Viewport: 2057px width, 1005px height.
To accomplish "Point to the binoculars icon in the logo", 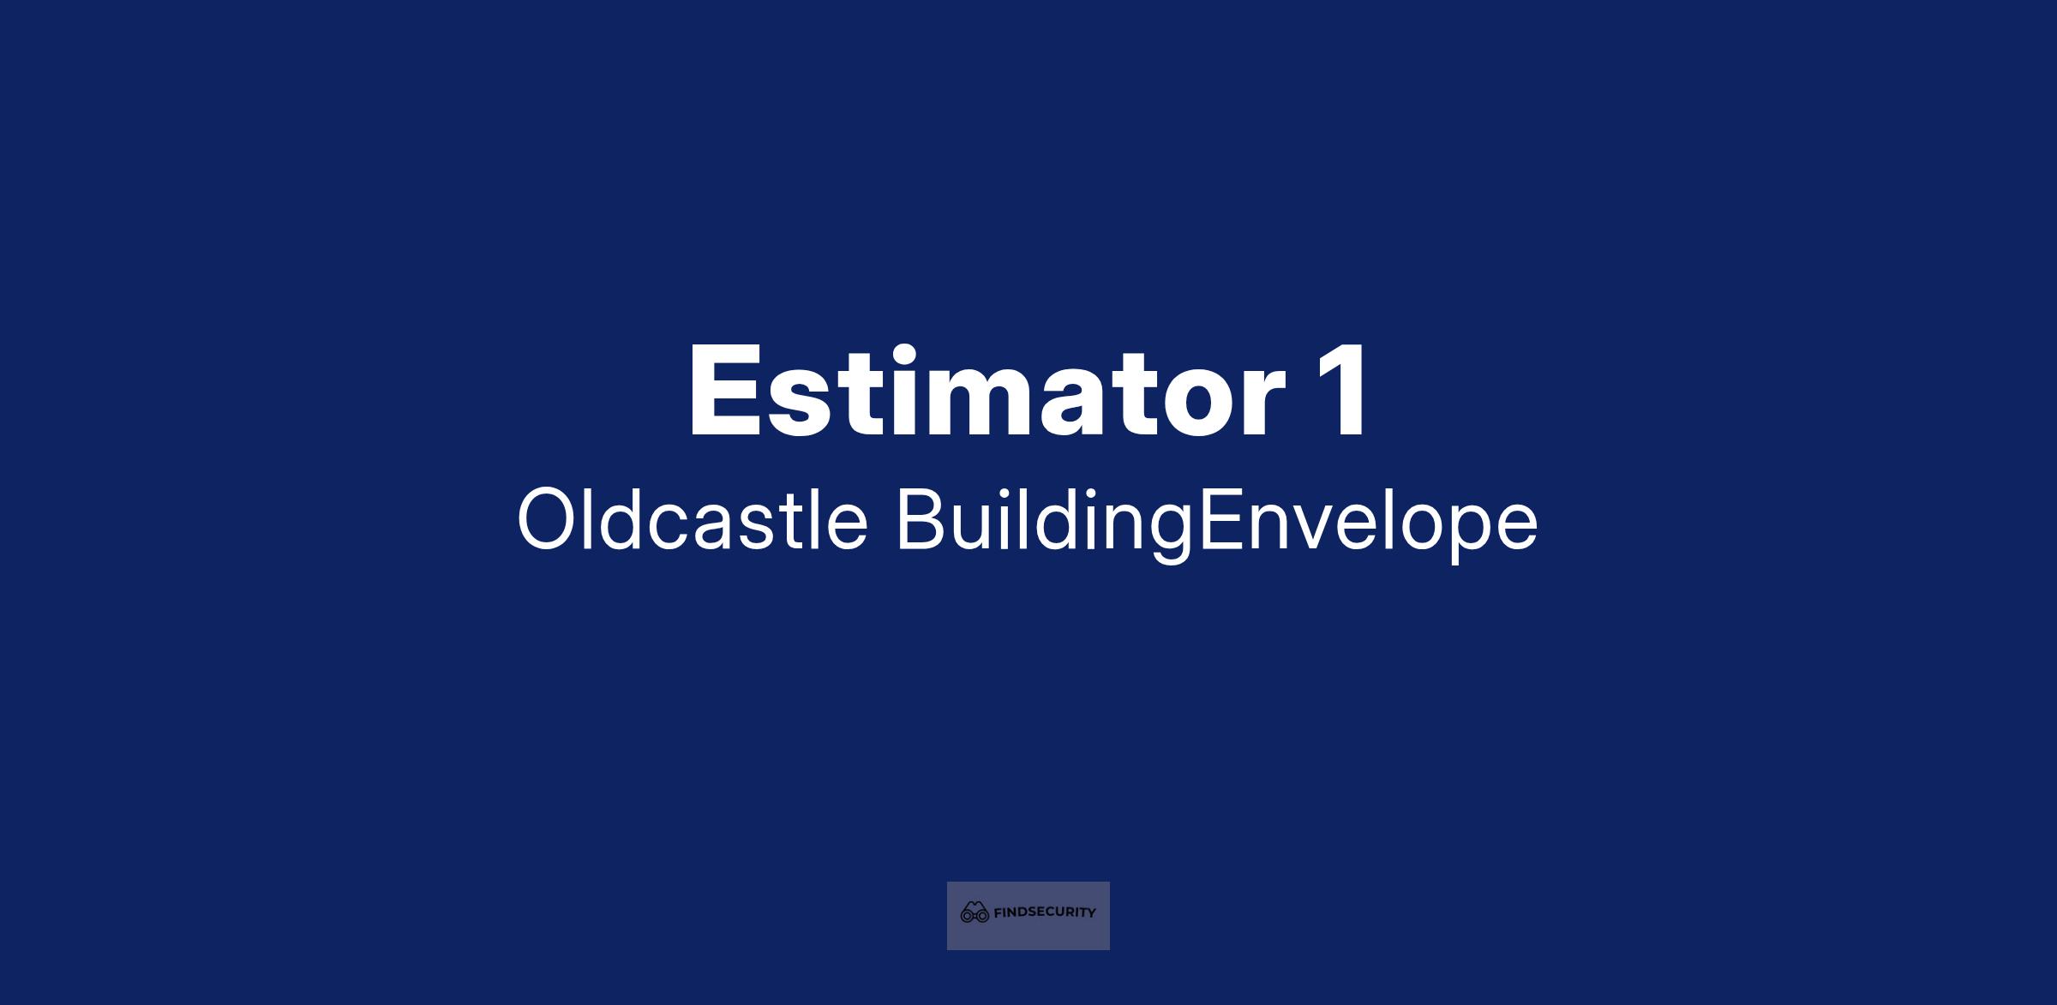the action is coord(975,912).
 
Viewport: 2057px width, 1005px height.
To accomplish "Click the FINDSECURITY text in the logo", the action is coord(1044,912).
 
